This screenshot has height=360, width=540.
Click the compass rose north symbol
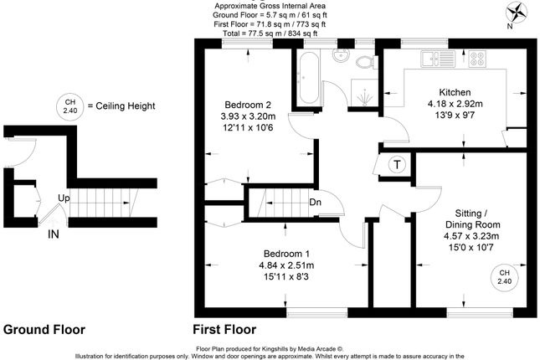[x=517, y=13]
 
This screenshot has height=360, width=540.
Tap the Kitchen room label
[x=455, y=92]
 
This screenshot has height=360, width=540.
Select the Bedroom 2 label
[x=248, y=105]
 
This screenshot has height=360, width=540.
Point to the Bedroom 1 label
[x=286, y=254]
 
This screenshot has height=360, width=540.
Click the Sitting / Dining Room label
[x=472, y=219]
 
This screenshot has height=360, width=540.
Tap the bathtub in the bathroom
[x=309, y=78]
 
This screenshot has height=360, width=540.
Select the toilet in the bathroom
[x=367, y=62]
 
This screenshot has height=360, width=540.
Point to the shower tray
[x=364, y=93]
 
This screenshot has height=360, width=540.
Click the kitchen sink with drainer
[x=438, y=59]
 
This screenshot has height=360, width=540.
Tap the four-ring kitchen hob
[x=477, y=59]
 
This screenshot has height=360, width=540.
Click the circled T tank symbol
[x=398, y=165]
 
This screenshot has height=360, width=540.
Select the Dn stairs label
[x=315, y=202]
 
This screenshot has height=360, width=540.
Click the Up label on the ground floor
[x=64, y=198]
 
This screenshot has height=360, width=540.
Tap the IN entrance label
[x=54, y=234]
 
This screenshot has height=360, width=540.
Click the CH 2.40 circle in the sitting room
[x=504, y=277]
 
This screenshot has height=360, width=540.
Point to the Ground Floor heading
[x=44, y=330]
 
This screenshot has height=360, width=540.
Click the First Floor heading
[x=224, y=330]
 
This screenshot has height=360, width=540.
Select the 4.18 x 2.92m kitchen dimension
[x=455, y=104]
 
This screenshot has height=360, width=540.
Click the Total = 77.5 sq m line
[x=270, y=33]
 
